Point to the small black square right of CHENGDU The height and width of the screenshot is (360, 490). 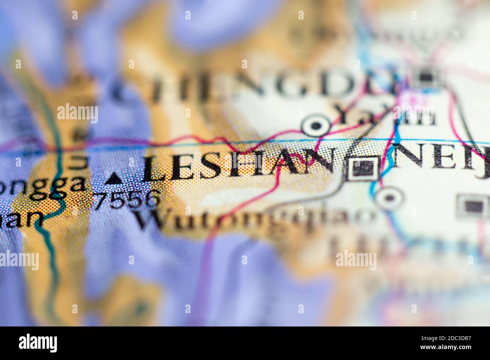426,78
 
